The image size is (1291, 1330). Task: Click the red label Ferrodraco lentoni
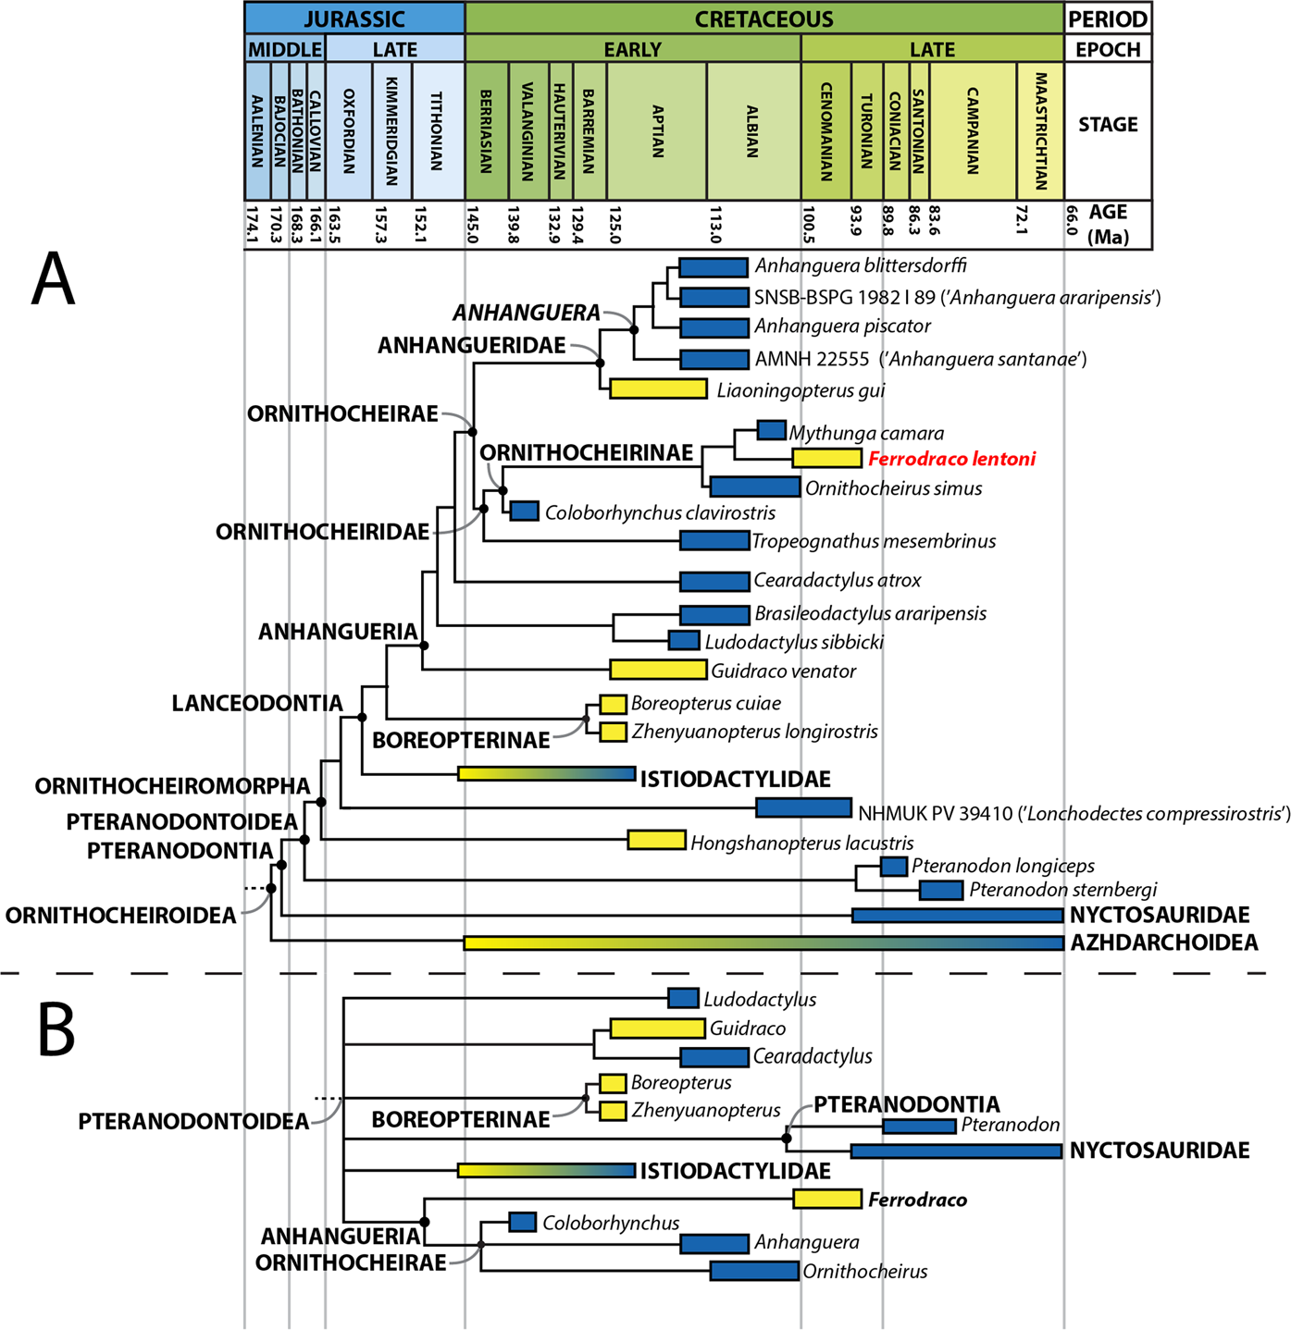[x=951, y=459]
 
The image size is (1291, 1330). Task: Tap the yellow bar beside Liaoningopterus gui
[x=658, y=388]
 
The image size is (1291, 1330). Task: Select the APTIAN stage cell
[x=657, y=130]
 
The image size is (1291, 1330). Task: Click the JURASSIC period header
[x=354, y=18]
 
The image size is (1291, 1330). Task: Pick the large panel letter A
[x=53, y=280]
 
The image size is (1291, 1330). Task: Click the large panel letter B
[x=56, y=1029]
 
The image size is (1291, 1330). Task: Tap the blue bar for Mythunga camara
[x=771, y=430]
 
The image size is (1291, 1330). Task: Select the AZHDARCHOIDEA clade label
[x=1164, y=942]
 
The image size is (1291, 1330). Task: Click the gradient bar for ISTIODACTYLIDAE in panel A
[x=546, y=773]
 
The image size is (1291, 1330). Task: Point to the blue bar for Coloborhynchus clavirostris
[x=525, y=511]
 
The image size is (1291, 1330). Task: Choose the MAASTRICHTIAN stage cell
[x=1040, y=130]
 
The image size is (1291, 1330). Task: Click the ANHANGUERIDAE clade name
[x=471, y=345]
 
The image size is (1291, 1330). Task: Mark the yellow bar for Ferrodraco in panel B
[x=827, y=1199]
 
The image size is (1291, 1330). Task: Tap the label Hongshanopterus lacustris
[x=801, y=843]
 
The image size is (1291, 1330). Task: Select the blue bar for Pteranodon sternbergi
[x=941, y=890]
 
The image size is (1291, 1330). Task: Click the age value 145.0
[x=471, y=224]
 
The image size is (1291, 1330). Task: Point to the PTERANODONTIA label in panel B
[x=906, y=1104]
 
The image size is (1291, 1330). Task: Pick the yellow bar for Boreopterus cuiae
[x=613, y=704]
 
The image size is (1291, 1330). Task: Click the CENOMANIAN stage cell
[x=825, y=130]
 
